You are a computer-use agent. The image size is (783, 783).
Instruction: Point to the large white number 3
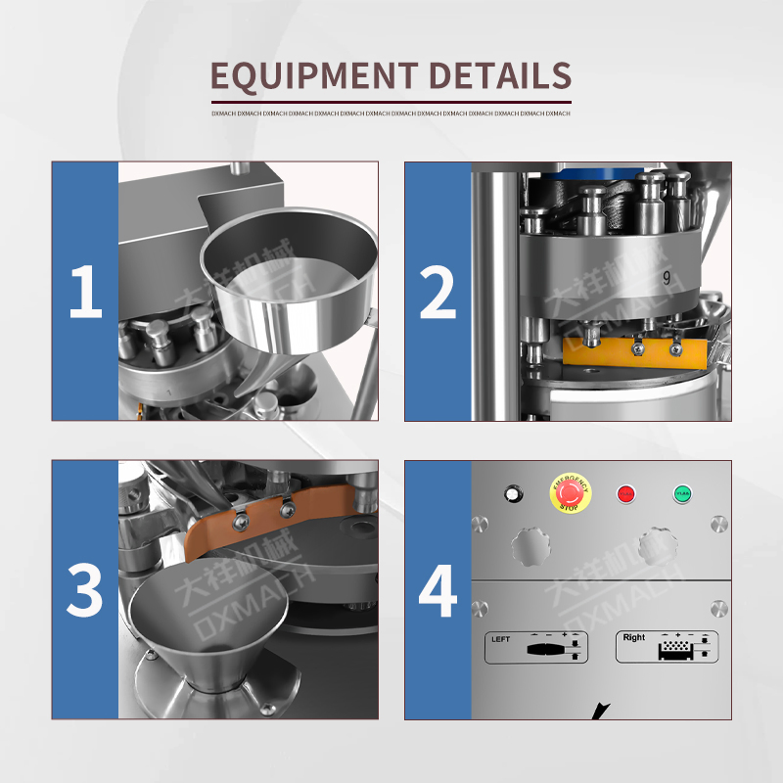pyautogui.click(x=85, y=589)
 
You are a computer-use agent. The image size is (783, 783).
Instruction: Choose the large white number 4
pyautogui.click(x=438, y=589)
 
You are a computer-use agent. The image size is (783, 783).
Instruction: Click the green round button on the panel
pyautogui.click(x=682, y=494)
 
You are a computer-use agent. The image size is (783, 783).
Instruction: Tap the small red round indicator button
pyautogui.click(x=624, y=494)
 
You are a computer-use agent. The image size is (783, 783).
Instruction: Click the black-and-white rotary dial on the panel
pyautogui.click(x=511, y=494)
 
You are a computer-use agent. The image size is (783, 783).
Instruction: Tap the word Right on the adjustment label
pyautogui.click(x=634, y=637)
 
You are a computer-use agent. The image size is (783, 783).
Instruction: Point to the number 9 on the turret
pyautogui.click(x=665, y=277)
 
